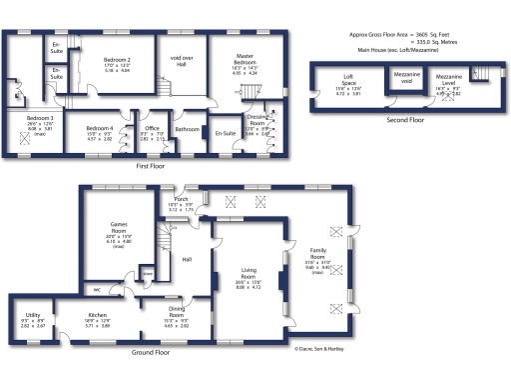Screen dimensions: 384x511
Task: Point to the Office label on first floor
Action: coord(152,128)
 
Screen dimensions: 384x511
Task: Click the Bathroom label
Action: coord(187,128)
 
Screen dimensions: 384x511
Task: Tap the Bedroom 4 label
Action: coord(98,128)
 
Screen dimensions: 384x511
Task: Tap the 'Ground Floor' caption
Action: coord(150,352)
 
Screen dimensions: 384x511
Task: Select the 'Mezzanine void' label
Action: coord(405,78)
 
